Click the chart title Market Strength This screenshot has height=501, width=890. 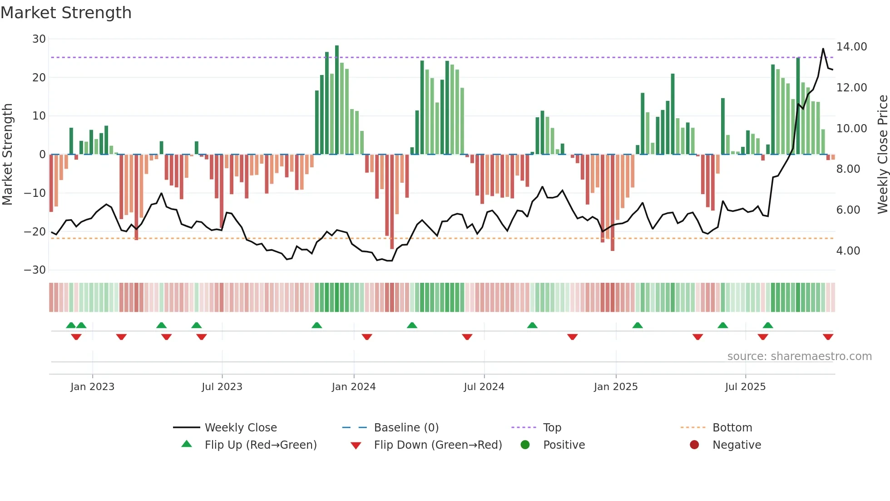66,13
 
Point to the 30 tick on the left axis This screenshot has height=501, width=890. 39,39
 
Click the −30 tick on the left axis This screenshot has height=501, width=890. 35,270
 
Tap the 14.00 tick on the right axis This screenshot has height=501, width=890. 851,47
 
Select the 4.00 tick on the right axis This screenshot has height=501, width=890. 848,251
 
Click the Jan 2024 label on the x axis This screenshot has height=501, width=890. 353,387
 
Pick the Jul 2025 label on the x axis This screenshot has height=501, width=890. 745,387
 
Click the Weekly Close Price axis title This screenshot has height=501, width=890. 882,154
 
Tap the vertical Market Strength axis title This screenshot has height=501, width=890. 8,154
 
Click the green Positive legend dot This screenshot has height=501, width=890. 525,445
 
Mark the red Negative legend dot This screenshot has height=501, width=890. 694,445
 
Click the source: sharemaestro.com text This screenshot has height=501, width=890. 799,356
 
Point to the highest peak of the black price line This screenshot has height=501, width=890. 823,49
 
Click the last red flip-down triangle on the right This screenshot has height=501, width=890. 828,337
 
